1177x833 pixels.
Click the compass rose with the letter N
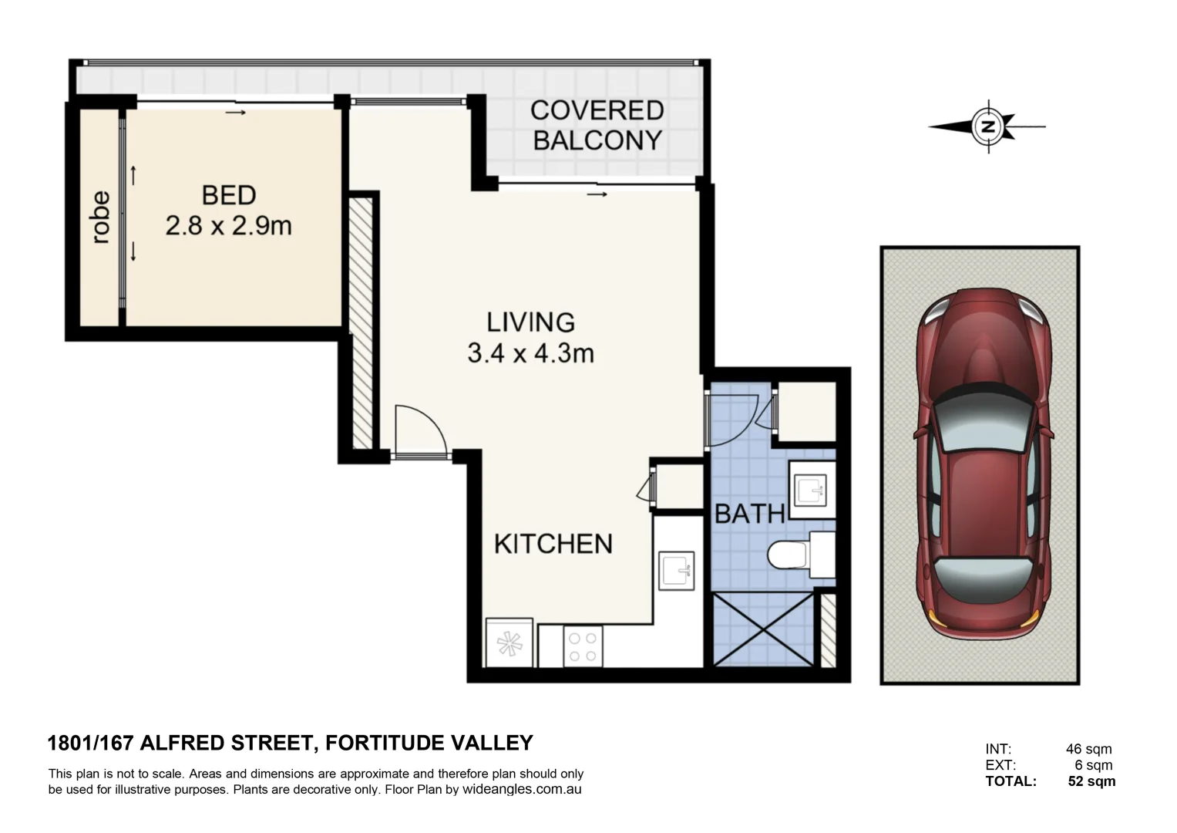(987, 126)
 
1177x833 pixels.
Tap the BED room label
(228, 195)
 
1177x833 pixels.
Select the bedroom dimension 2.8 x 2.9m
(228, 226)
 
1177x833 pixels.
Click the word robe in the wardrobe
(100, 218)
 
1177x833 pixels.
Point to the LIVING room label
(530, 322)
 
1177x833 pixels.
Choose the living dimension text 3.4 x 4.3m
(530, 353)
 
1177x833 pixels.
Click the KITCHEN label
(553, 544)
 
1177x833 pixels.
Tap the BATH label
(749, 514)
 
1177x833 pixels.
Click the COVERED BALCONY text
(597, 125)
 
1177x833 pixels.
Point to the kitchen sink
(677, 572)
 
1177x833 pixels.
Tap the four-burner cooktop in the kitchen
(582, 646)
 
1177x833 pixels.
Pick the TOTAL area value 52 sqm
(1091, 781)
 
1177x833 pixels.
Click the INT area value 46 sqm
(1088, 749)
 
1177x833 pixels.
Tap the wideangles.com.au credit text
(521, 790)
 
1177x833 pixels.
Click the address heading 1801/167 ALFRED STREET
(182, 743)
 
